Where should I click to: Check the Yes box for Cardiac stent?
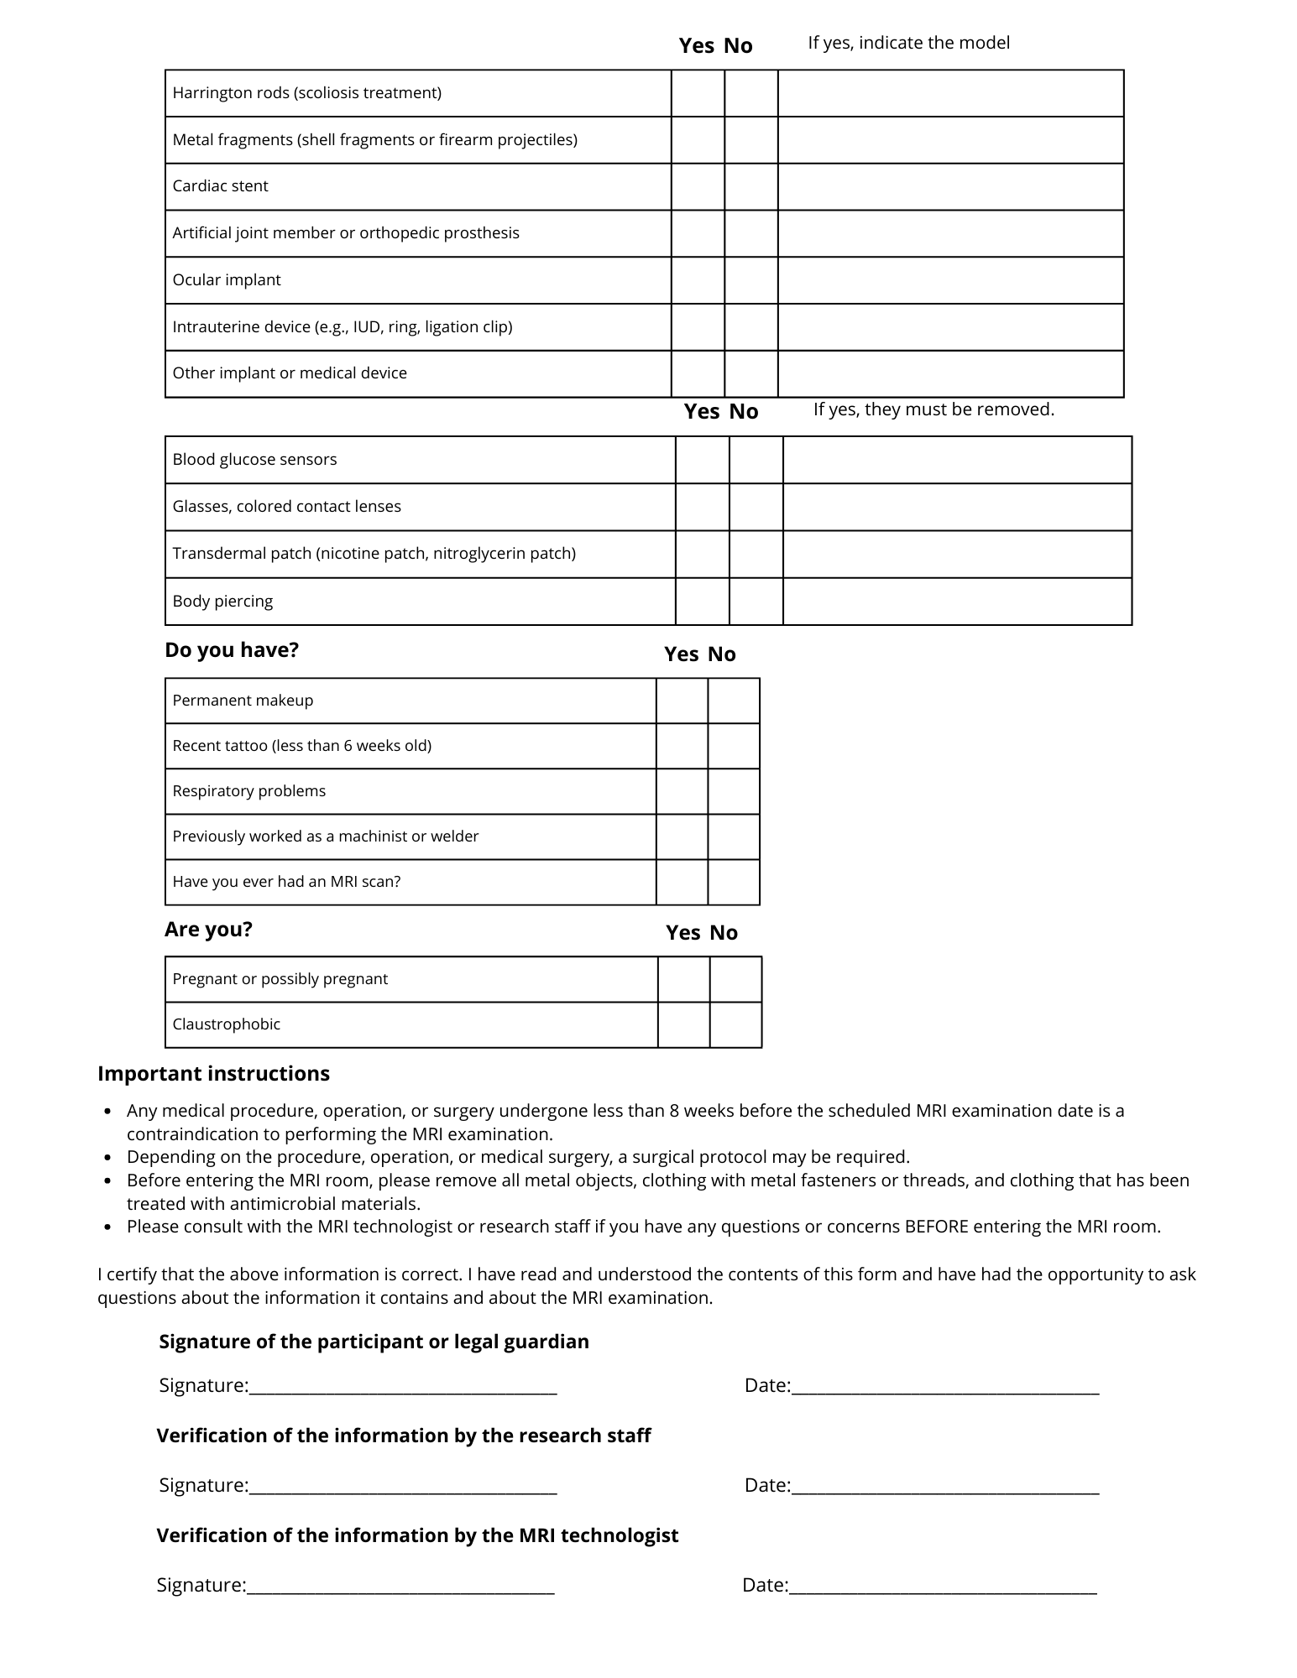698,186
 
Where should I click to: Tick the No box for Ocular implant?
751,280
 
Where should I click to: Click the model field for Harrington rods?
950,93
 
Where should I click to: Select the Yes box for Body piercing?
703,602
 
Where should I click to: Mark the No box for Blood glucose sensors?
756,460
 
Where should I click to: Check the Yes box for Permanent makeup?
682,701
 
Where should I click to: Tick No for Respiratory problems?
734,791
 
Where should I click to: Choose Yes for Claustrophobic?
683,1024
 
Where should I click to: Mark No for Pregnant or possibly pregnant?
735,979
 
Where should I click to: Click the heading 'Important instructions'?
213,1074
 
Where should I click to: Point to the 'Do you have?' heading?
232,650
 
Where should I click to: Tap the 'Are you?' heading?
208,930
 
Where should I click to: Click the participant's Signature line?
403,1385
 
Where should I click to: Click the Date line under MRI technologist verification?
943,1585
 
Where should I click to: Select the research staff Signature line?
403,1485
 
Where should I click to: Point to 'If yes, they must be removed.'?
934,409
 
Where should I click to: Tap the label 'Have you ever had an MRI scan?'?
286,882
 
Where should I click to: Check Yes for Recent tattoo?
682,746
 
